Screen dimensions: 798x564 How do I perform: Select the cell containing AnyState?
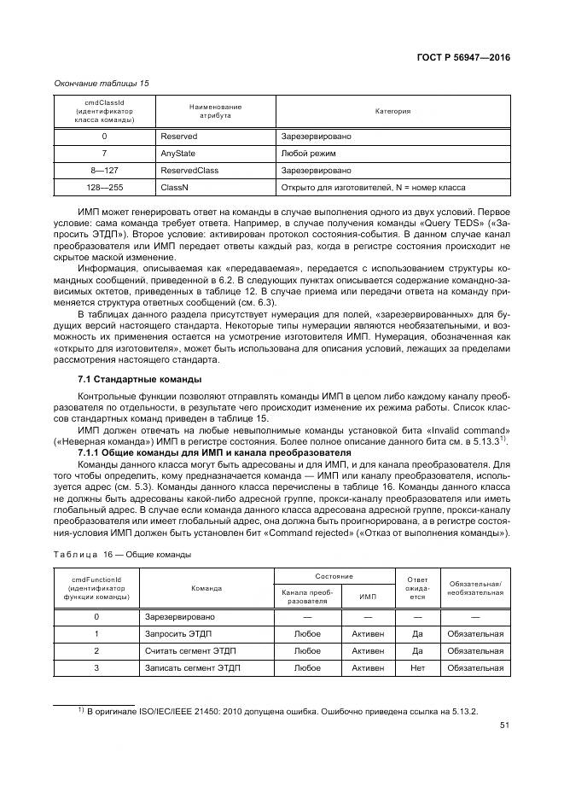point(178,154)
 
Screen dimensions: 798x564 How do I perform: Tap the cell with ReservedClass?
point(189,170)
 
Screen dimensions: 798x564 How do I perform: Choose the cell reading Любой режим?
point(308,154)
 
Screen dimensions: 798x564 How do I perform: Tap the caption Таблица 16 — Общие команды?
point(122,554)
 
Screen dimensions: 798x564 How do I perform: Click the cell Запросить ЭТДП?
point(177,633)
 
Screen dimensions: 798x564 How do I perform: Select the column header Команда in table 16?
point(206,587)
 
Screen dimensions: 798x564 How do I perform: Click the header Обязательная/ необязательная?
point(474,587)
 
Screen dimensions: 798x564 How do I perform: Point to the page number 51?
point(504,726)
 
